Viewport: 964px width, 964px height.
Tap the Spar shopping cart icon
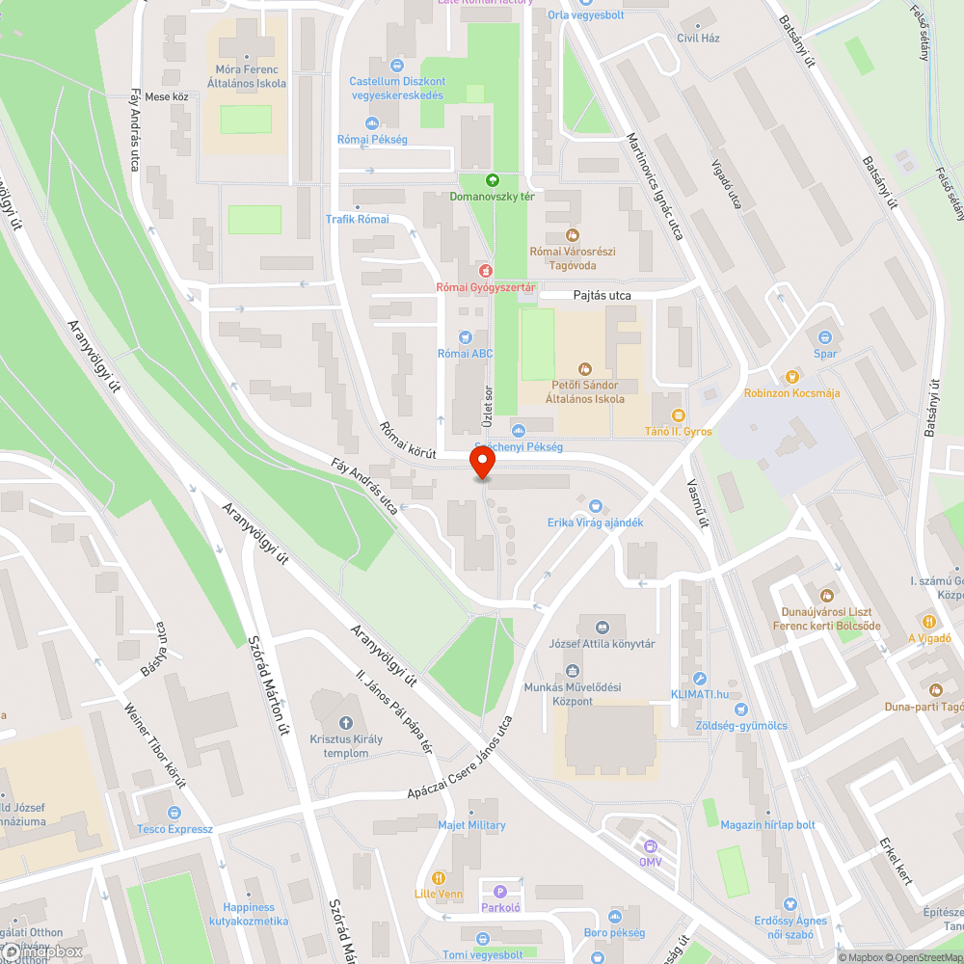pos(825,336)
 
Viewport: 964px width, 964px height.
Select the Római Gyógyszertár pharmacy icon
pos(486,271)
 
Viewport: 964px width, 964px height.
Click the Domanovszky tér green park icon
pos(493,179)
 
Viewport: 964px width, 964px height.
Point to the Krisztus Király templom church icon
pos(346,722)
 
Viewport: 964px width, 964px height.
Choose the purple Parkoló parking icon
pos(499,892)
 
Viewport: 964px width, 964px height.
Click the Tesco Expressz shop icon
pos(174,813)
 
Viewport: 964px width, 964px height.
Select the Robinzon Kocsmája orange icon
pos(791,376)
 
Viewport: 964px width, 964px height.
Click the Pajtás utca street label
pos(602,296)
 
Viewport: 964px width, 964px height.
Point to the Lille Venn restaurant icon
pos(439,878)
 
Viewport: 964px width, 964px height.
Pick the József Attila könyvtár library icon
pos(602,627)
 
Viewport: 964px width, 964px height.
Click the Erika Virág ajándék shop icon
pos(595,505)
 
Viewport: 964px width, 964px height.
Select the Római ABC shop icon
pos(466,336)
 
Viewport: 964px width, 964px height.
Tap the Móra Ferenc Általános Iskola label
pos(247,76)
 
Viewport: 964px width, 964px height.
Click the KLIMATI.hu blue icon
pos(700,679)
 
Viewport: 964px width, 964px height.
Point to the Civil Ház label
pos(698,39)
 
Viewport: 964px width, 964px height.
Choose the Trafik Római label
pos(358,219)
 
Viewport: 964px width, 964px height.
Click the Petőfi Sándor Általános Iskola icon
pos(584,368)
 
